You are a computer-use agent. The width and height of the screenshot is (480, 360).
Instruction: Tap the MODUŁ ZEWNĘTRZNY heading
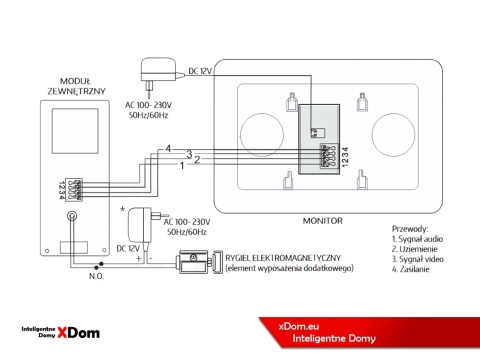click(77, 85)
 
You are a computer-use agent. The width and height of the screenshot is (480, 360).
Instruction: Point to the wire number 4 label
click(168, 148)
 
